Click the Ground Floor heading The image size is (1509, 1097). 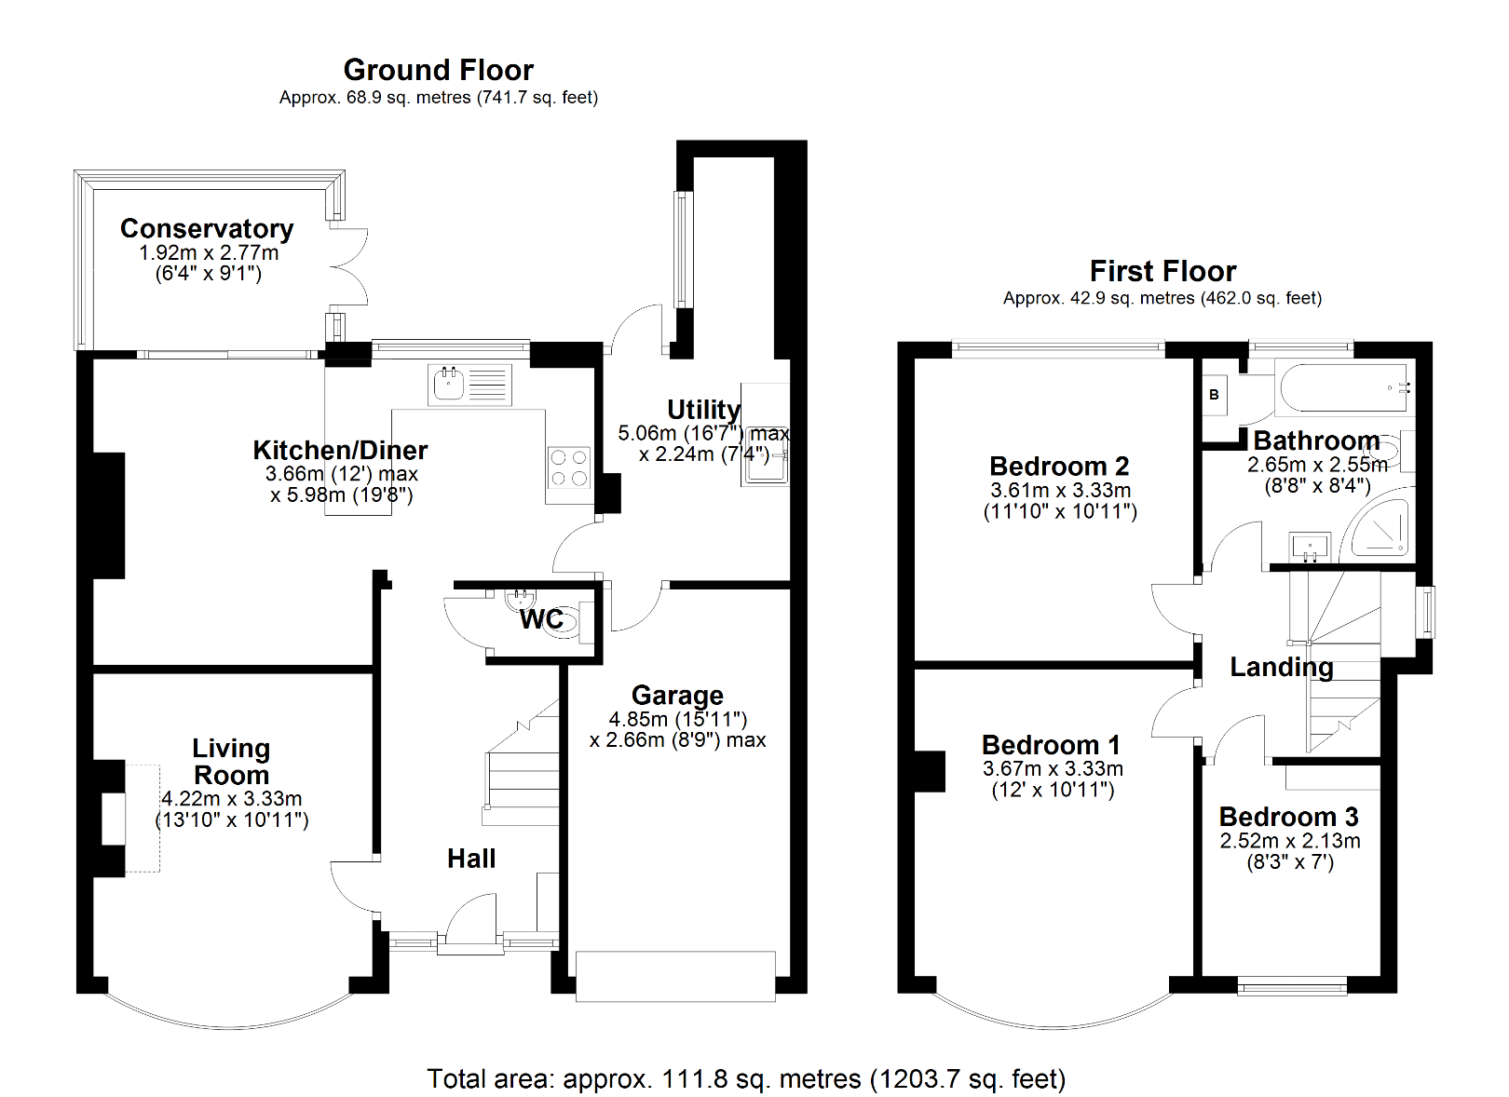tap(438, 70)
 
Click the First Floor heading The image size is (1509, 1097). tap(1162, 271)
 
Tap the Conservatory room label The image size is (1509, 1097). tap(207, 228)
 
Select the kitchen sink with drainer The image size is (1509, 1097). tap(469, 385)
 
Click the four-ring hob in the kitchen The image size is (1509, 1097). tap(568, 468)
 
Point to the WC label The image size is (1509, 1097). tap(541, 619)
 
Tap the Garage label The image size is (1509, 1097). tap(677, 695)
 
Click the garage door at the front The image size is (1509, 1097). tap(675, 976)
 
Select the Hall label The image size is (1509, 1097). tap(471, 859)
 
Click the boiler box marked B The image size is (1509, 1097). tap(1214, 395)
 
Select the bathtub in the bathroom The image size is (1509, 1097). tap(1344, 388)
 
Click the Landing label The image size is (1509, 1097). tap(1282, 667)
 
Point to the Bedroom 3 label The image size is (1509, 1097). tap(1289, 817)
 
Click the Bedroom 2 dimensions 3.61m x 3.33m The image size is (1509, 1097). tap(1060, 490)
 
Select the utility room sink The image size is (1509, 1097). tap(766, 463)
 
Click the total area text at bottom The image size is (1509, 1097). tap(746, 1078)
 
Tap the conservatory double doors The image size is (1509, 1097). tap(349, 266)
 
